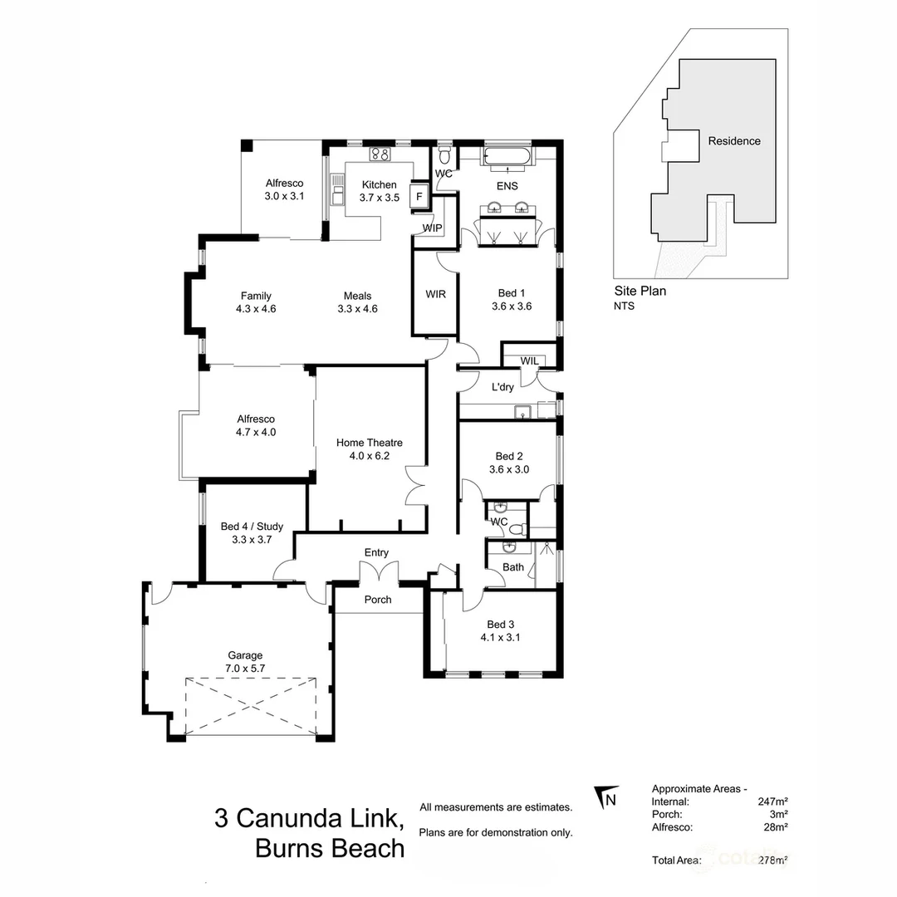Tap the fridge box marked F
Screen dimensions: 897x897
tap(419, 197)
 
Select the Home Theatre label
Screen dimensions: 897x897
tap(368, 443)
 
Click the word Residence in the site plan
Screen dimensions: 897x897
tap(733, 141)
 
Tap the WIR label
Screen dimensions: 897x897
tap(435, 294)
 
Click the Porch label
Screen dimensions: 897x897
tap(378, 600)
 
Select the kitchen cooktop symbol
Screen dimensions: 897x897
tap(380, 154)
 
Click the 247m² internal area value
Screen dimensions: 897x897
tap(772, 801)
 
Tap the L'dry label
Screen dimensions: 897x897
tap(502, 387)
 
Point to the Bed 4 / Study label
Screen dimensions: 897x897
tap(252, 526)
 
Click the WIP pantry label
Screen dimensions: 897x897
tap(432, 228)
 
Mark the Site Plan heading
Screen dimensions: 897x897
tap(640, 291)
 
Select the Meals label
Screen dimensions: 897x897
tap(357, 296)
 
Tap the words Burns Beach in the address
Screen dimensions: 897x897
tap(330, 848)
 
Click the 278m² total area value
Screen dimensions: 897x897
tap(772, 860)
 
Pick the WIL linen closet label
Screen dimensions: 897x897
tap(529, 360)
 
